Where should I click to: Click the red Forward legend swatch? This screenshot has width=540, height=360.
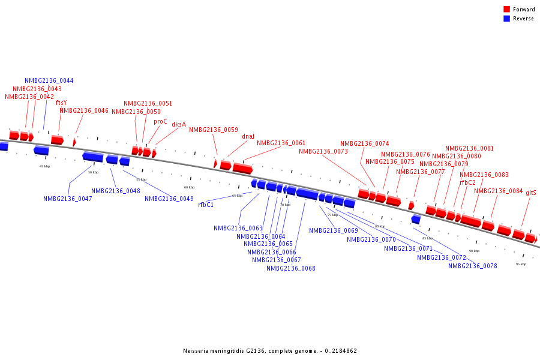point(507,9)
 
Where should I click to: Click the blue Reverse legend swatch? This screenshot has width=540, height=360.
point(507,19)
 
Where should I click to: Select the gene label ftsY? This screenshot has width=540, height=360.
point(61,103)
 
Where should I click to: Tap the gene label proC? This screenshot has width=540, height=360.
point(160,121)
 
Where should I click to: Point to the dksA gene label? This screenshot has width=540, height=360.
point(179,125)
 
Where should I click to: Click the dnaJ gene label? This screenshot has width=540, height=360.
point(248,136)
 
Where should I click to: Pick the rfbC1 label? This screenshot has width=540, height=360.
point(206,205)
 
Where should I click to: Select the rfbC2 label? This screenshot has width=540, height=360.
point(468,182)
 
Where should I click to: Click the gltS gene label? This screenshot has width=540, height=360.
point(531,193)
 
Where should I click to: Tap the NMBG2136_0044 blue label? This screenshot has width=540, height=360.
point(49,80)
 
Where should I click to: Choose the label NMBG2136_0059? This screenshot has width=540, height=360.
point(214,130)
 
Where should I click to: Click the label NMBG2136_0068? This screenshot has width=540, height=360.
point(291,268)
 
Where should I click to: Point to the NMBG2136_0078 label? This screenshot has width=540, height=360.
point(473,266)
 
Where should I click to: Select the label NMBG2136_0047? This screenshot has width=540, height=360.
point(68,199)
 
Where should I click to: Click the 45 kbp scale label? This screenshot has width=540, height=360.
point(44,166)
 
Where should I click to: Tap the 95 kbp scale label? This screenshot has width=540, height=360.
point(521,264)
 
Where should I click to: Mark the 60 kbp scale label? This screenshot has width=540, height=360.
point(189,187)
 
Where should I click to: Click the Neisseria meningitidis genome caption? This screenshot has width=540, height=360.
point(270,350)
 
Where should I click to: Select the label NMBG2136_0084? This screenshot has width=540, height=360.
point(499,191)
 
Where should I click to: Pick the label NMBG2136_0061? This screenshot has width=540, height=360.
point(281,143)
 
